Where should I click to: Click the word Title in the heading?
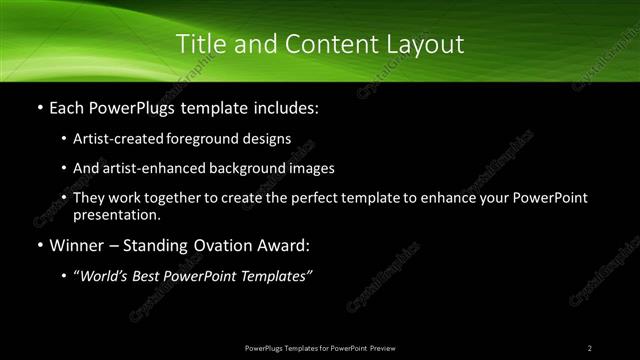pos(201,44)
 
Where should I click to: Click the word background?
pos(264,168)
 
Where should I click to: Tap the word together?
pos(196,198)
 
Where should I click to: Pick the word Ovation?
pos(218,246)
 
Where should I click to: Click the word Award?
pos(284,246)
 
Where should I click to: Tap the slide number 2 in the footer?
pos(590,347)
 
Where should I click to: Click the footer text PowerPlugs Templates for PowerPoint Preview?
pos(319,347)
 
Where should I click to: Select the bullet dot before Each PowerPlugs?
pos(39,107)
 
